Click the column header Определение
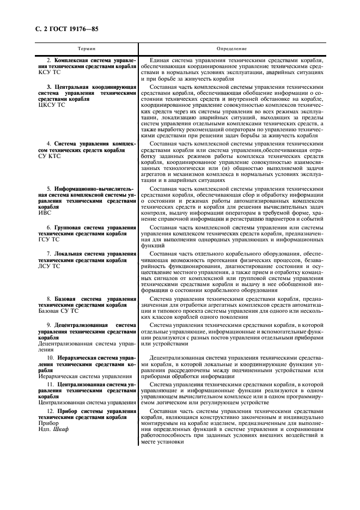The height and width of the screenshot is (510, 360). click(x=237, y=48)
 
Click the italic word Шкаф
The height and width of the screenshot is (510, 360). click(x=62, y=428)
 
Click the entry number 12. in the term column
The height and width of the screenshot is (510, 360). click(x=51, y=410)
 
